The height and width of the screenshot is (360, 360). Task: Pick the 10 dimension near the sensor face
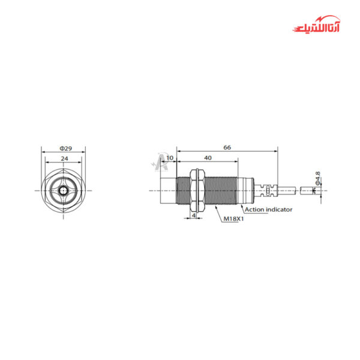[x=170, y=158]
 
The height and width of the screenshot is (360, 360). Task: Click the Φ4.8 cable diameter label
[x=317, y=178]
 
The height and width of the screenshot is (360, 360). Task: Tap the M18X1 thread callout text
[x=232, y=220]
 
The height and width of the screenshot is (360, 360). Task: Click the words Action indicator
[x=268, y=209]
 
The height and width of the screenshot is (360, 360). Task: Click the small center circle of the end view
[x=62, y=191]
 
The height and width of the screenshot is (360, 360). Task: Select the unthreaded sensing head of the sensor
[x=167, y=190]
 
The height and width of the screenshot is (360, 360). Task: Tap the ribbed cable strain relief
[x=267, y=190]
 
